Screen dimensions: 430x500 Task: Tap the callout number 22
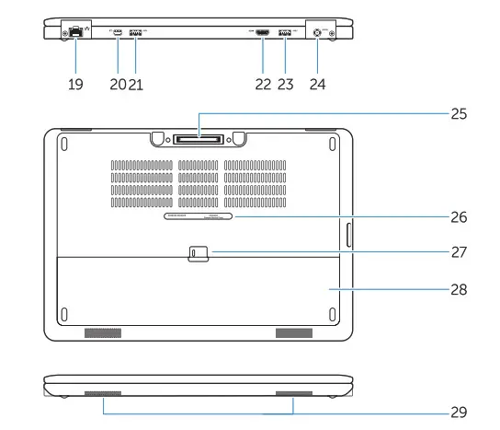(262, 83)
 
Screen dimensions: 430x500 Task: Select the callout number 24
(317, 83)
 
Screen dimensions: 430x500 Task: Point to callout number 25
(459, 115)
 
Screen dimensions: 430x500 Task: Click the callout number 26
(459, 218)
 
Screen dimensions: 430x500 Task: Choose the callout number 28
(459, 289)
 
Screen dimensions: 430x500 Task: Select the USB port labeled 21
(137, 32)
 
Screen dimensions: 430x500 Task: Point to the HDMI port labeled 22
(262, 33)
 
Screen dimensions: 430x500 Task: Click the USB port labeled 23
(284, 33)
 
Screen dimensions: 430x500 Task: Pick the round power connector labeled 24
(318, 32)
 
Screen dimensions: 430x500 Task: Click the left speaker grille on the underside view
(103, 331)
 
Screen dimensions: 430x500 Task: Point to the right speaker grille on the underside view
(294, 331)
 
